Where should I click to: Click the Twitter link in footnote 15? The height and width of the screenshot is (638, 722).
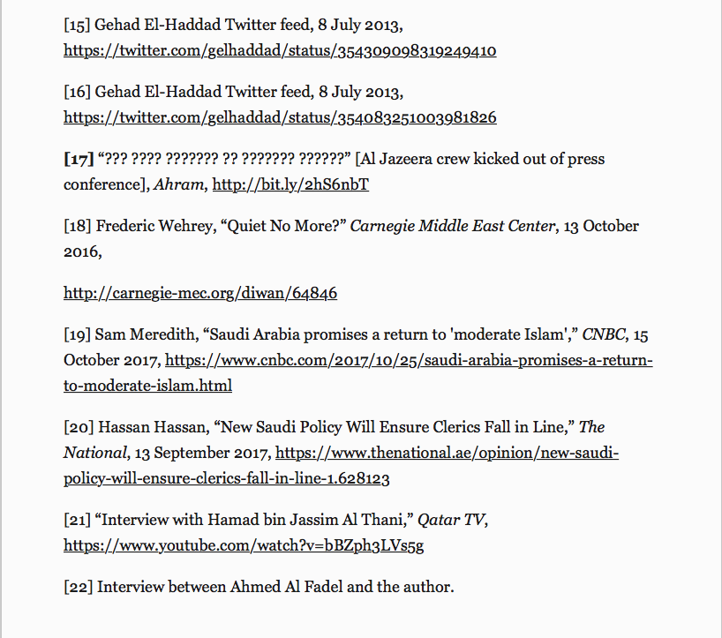click(x=280, y=50)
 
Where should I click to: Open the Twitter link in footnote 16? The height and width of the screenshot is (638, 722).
click(x=280, y=116)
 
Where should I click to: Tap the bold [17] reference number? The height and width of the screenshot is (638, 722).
click(x=79, y=160)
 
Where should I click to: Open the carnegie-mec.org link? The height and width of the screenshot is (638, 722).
click(x=200, y=292)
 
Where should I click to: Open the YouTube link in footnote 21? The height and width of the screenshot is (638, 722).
click(x=244, y=545)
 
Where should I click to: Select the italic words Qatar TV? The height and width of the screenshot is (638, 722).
click(x=451, y=521)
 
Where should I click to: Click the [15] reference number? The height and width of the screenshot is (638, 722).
click(x=78, y=26)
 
